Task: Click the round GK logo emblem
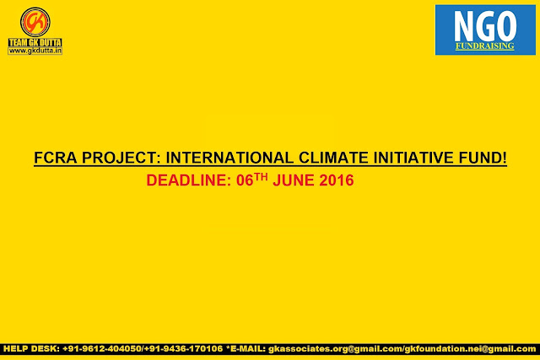click(35, 22)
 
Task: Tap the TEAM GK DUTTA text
click(35, 42)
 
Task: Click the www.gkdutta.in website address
click(35, 51)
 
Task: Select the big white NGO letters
click(485, 26)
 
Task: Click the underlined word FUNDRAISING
click(485, 46)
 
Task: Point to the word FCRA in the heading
click(56, 158)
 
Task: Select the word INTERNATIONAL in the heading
click(229, 158)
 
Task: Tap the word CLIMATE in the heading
click(334, 158)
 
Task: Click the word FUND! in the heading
click(483, 158)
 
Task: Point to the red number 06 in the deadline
click(245, 180)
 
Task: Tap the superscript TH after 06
click(261, 177)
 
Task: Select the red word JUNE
click(294, 180)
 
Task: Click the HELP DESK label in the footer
click(31, 349)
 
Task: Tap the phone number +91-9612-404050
click(102, 349)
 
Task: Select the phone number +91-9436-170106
click(184, 349)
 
